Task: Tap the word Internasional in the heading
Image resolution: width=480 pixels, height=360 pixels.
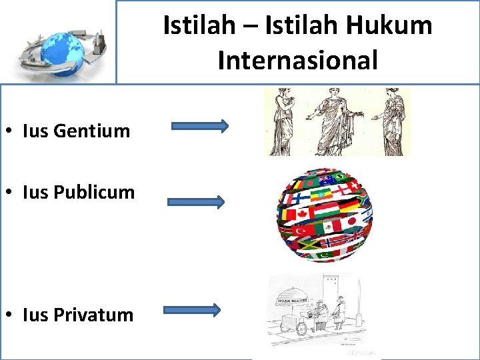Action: pos(297,59)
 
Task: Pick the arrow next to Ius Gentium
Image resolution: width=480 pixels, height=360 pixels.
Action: pos(200,126)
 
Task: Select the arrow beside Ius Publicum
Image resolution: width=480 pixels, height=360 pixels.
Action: pos(196,202)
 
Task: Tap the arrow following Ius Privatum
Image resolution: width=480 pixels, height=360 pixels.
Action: pos(192,309)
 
